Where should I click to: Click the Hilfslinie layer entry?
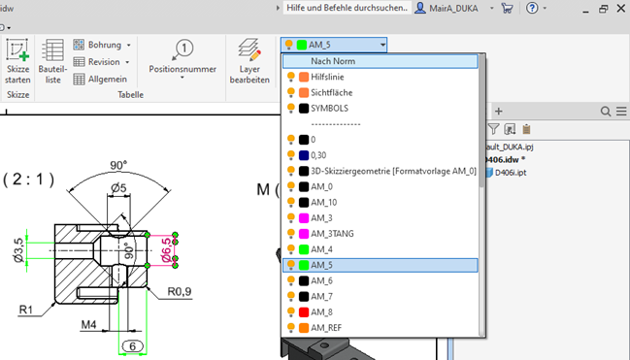point(333,76)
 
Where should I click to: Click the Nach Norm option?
point(332,60)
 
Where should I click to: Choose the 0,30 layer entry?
point(321,154)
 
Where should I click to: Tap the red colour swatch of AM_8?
point(303,311)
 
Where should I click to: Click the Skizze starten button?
point(17,62)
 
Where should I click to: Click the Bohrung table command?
point(102,45)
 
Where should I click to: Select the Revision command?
point(102,61)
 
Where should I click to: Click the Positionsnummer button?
point(182,58)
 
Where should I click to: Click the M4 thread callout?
point(89,322)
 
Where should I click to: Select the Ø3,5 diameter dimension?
point(17,248)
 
